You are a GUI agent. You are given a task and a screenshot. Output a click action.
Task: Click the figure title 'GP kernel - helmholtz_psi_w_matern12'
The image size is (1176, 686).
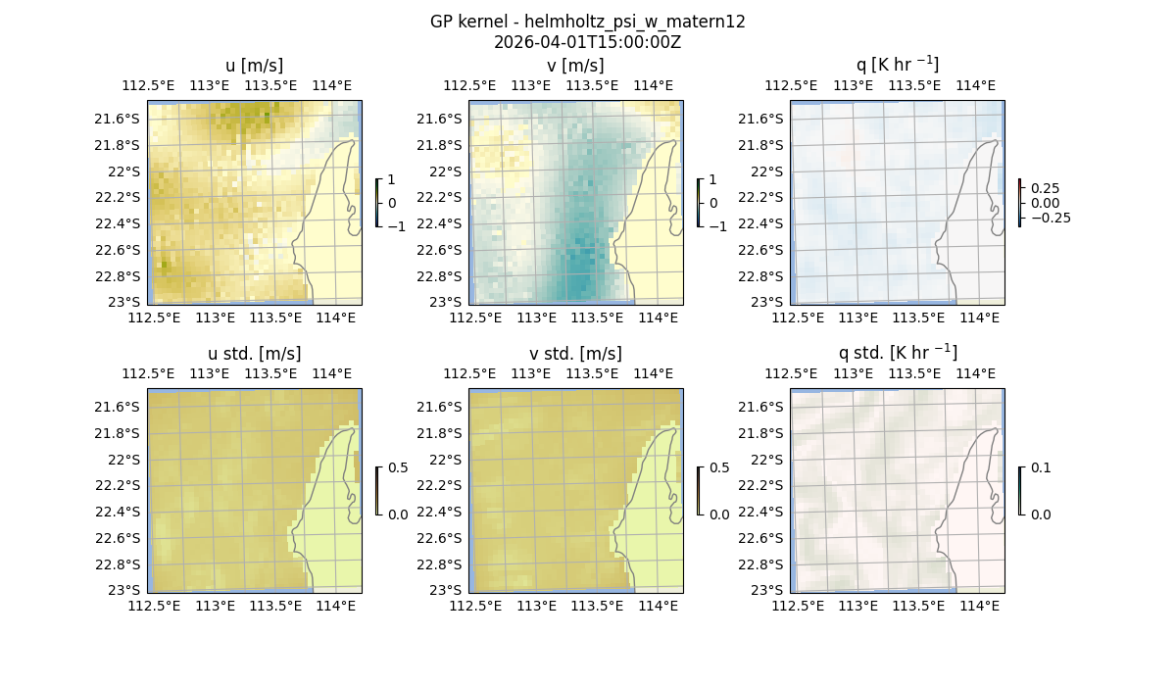[588, 22]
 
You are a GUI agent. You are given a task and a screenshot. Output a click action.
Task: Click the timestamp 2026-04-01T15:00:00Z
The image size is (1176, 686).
[588, 42]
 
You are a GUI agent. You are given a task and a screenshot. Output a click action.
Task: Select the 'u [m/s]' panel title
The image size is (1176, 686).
[255, 66]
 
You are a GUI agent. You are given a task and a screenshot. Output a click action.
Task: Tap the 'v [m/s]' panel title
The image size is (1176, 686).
[576, 66]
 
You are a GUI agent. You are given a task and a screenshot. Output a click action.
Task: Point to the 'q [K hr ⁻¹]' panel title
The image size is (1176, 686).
[898, 66]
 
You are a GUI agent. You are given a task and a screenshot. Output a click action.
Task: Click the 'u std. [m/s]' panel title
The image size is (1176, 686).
[255, 354]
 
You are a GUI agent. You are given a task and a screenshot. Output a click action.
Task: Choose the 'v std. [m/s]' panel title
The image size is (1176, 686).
[576, 354]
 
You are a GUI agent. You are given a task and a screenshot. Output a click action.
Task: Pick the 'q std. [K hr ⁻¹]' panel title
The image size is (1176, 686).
[898, 354]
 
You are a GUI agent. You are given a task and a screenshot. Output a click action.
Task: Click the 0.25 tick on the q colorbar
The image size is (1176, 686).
[1045, 188]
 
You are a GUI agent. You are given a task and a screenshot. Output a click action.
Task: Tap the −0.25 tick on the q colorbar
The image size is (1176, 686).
[1050, 218]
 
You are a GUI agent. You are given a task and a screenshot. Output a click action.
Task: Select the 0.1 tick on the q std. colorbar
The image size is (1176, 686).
[1041, 467]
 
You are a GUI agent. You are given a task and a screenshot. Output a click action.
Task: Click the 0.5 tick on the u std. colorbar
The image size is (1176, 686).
[398, 467]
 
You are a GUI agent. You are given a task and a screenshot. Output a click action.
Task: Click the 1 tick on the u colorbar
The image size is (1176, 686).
[393, 179]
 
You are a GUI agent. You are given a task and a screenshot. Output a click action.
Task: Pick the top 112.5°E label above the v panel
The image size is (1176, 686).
[468, 85]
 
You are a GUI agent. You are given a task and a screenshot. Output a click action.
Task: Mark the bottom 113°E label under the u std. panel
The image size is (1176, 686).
[216, 606]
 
